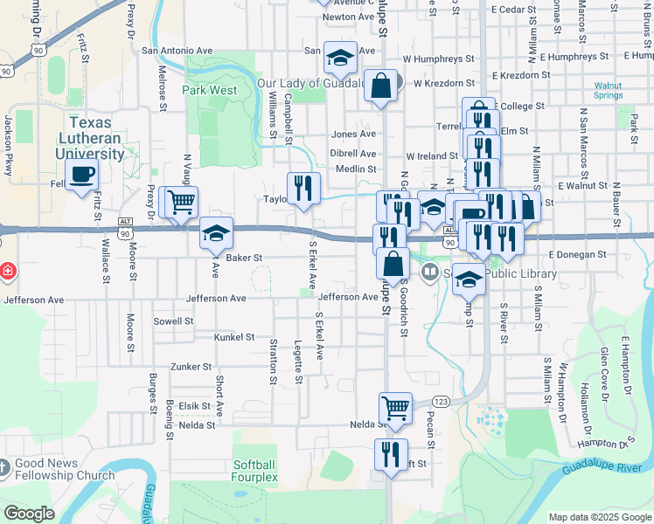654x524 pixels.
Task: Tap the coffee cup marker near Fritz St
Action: [81, 175]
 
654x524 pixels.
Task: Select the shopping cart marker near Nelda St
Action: [395, 408]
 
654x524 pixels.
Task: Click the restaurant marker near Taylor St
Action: [303, 188]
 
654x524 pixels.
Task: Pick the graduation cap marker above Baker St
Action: [216, 233]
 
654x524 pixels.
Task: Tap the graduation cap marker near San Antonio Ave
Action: [340, 59]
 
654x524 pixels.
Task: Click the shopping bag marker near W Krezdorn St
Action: [380, 86]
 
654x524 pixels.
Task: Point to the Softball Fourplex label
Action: [254, 471]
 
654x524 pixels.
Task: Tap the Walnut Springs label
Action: [609, 91]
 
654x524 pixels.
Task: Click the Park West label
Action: [209, 90]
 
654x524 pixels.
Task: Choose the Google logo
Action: [29, 513]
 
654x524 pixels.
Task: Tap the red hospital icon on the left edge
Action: [6, 272]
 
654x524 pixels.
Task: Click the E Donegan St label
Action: [578, 254]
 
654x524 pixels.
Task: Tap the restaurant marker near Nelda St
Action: [391, 454]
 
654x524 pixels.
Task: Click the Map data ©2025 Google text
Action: [600, 517]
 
